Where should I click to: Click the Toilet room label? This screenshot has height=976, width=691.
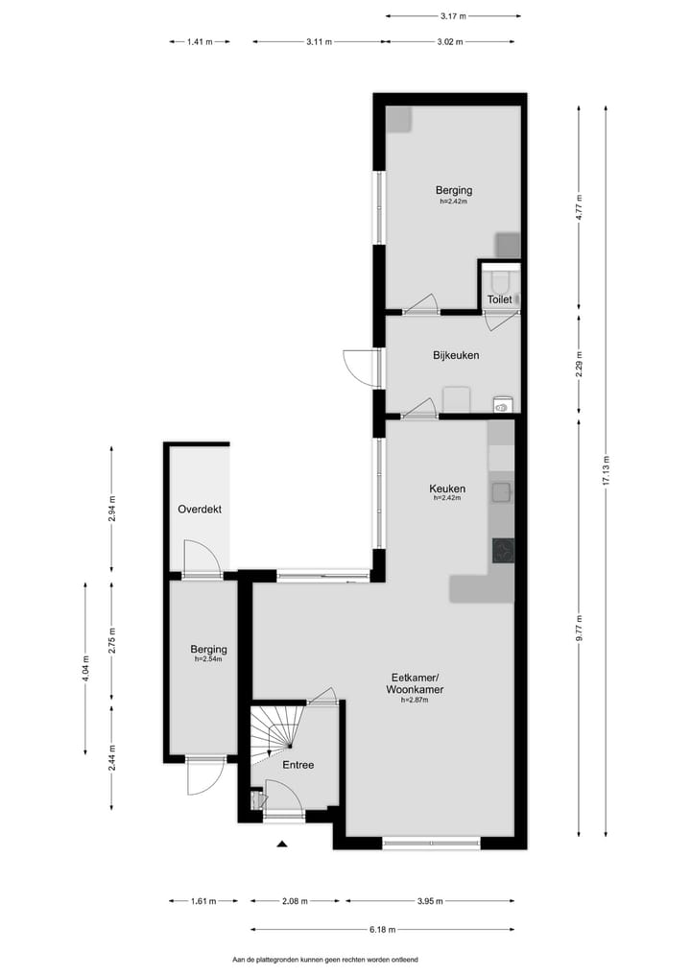coord(499,300)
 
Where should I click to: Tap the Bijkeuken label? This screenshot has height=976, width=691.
coord(456,356)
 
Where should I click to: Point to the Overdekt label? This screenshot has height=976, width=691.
coord(200,510)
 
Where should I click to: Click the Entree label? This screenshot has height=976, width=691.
coord(298,765)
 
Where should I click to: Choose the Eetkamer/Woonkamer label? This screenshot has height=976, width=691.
coord(414,683)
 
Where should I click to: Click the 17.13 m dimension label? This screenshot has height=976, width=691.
coord(605,471)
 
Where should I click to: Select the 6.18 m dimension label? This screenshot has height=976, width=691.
coord(382,930)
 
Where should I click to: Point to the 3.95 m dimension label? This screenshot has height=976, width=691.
coord(429,901)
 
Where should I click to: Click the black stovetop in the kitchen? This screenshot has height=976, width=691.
coord(503,549)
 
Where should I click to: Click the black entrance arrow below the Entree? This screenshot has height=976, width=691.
coord(282,845)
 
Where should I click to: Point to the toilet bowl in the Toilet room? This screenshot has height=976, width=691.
coord(499,280)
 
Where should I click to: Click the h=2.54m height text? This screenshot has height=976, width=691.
coord(208,659)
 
